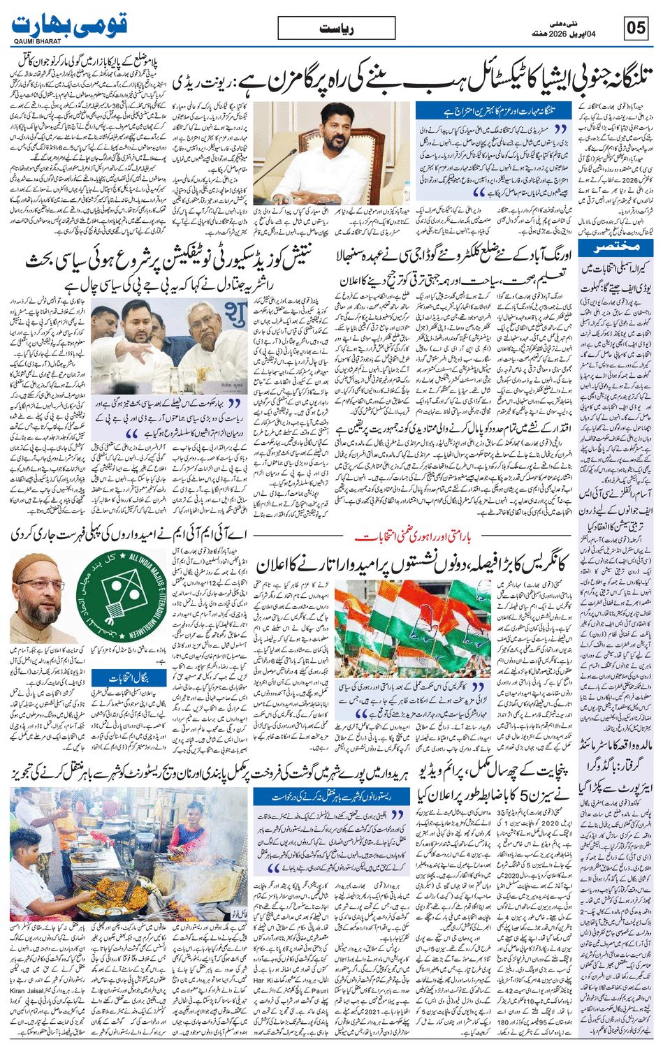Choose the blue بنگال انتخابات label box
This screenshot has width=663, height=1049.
click(x=131, y=677)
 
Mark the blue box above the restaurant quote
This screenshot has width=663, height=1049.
click(x=330, y=795)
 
